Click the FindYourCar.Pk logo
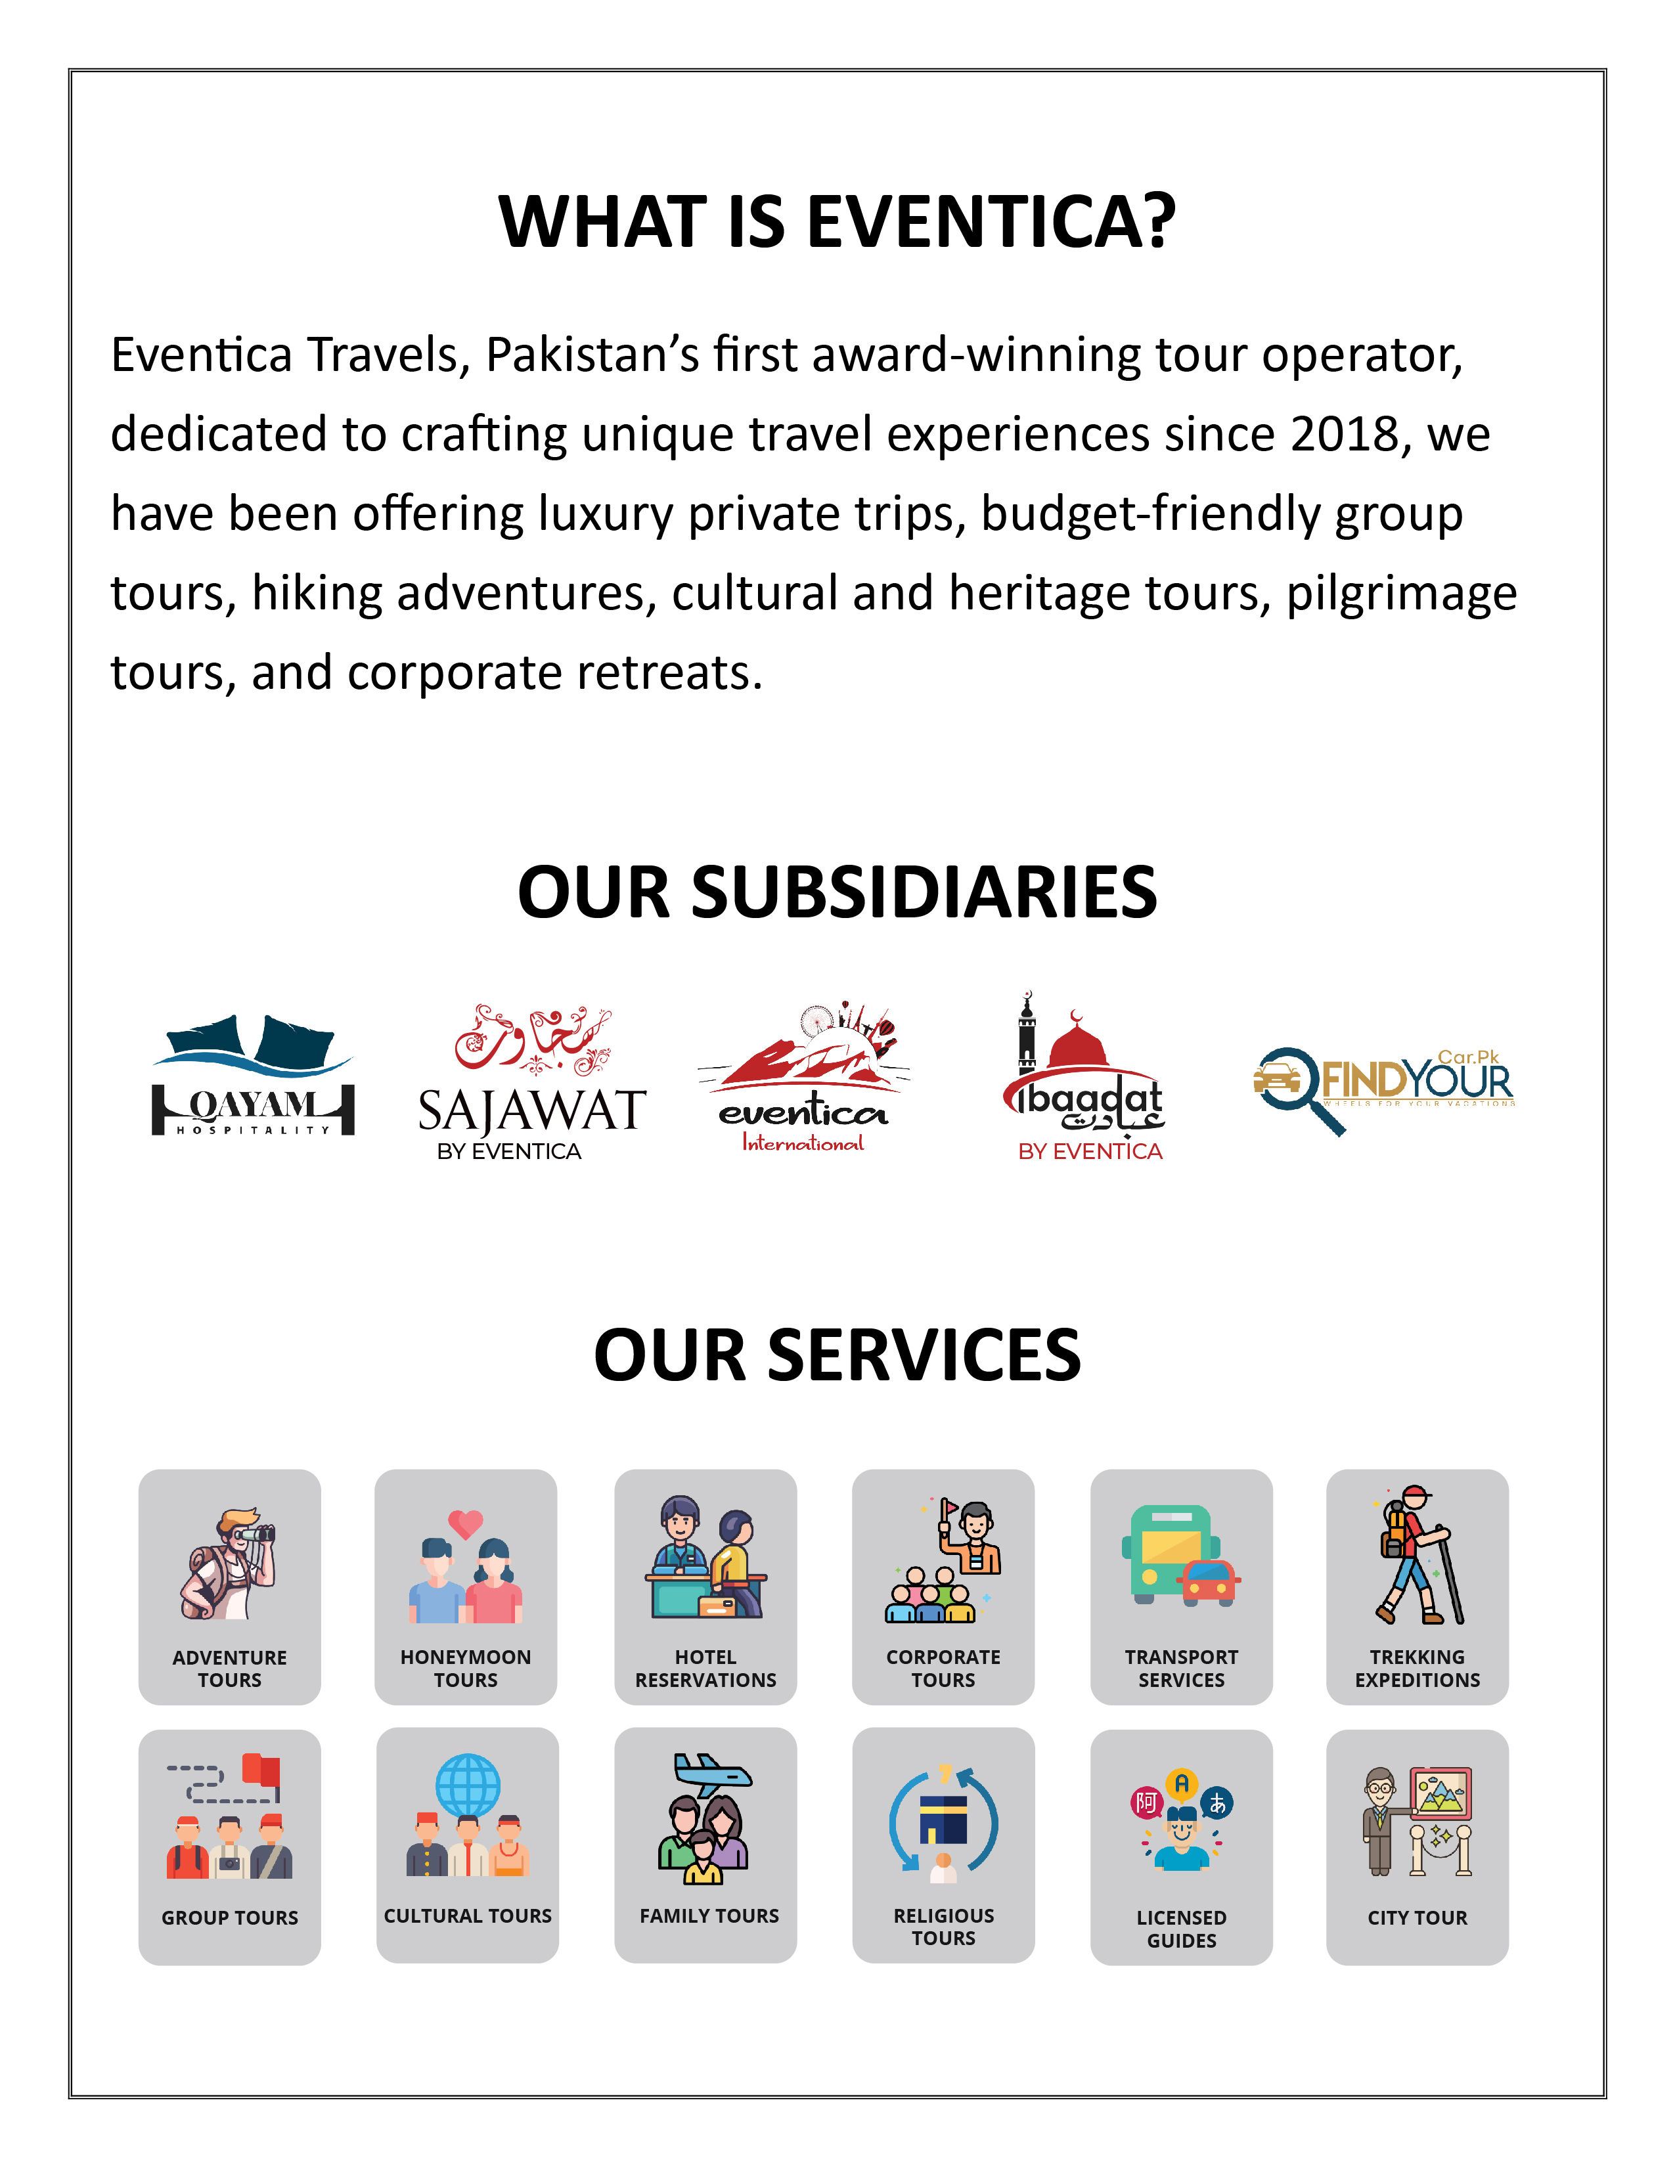pos(1383,1087)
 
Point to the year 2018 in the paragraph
pos(1345,435)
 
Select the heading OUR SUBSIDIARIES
pos(836,891)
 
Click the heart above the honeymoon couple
pos(466,1523)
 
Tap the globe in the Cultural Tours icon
pos(468,1786)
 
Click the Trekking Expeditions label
pos(1417,1668)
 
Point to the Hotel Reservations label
pos(705,1668)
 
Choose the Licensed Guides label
pos(1181,1929)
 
